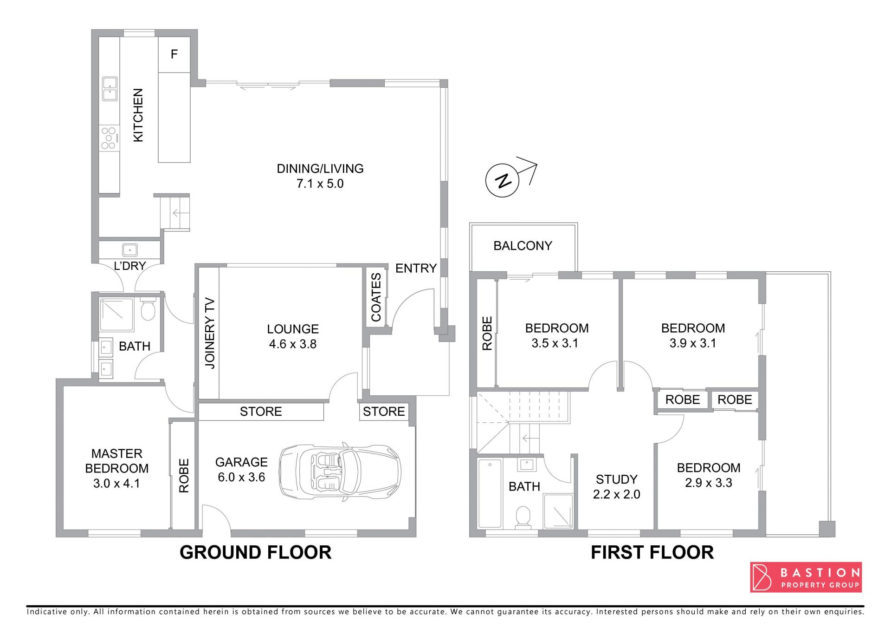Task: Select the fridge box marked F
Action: coord(174,54)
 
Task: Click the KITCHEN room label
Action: coord(138,115)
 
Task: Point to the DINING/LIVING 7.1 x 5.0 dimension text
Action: coord(320,183)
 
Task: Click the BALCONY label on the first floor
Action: coord(523,246)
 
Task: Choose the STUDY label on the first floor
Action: coord(616,479)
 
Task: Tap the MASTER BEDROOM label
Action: coord(116,461)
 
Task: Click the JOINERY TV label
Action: coord(210,333)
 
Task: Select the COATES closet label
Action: coord(376,297)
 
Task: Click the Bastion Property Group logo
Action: coord(806,577)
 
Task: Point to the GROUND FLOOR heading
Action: coord(256,552)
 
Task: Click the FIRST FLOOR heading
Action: coord(652,552)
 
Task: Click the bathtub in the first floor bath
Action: coord(490,493)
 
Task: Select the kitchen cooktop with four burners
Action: coord(109,138)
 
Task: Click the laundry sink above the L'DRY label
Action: coord(129,250)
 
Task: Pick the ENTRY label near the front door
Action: coord(416,268)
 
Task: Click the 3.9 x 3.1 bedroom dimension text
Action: coord(692,343)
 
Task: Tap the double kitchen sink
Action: coord(110,89)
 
